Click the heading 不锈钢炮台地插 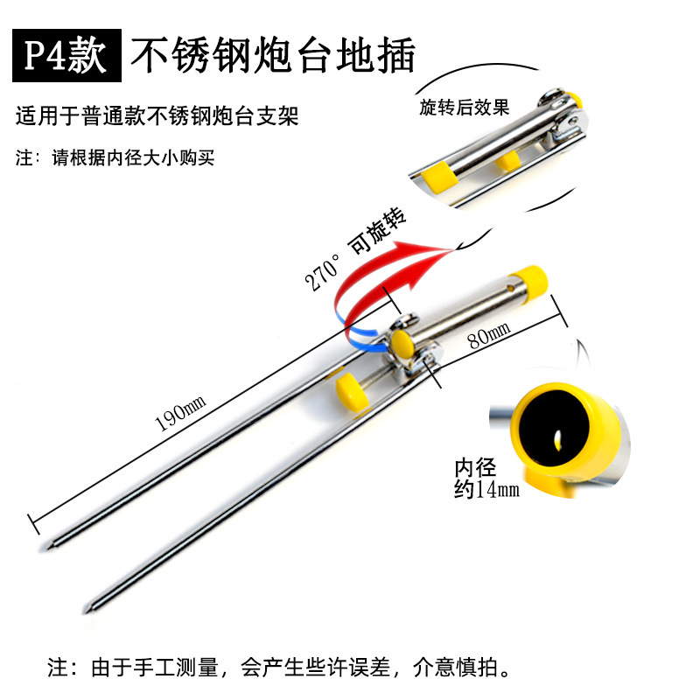click(272, 55)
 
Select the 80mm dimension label click(487, 334)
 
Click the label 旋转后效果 click(464, 108)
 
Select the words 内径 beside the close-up click(473, 466)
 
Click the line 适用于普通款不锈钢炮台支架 click(157, 116)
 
